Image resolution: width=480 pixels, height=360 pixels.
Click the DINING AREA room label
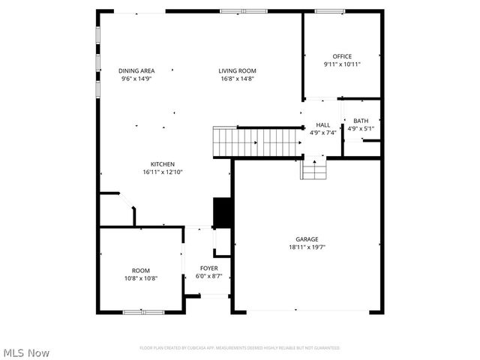pyautogui.click(x=136, y=70)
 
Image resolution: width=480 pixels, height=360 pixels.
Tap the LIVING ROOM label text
pyautogui.click(x=237, y=70)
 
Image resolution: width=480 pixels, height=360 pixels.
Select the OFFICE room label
pyautogui.click(x=342, y=56)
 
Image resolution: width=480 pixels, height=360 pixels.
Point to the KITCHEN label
pyautogui.click(x=163, y=164)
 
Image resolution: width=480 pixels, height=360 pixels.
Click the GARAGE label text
pyautogui.click(x=307, y=239)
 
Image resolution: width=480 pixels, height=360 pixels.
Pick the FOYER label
pyautogui.click(x=208, y=268)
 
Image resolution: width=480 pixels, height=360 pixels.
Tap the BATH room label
pyautogui.click(x=361, y=121)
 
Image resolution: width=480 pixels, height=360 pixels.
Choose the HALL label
pyautogui.click(x=322, y=125)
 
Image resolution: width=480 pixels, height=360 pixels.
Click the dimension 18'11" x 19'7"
pyautogui.click(x=307, y=247)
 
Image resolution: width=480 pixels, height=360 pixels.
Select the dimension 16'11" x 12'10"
pyautogui.click(x=163, y=172)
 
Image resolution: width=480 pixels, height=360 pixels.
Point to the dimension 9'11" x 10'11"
pyautogui.click(x=342, y=64)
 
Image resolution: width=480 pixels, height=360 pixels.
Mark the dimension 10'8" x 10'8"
pyautogui.click(x=141, y=278)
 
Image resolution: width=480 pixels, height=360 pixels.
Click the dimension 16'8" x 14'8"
pyautogui.click(x=237, y=78)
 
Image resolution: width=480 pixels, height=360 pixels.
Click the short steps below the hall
pyautogui.click(x=314, y=170)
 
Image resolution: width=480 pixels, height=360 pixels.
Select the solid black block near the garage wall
pyautogui.click(x=222, y=212)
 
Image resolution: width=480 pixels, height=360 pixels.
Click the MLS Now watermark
pyautogui.click(x=26, y=352)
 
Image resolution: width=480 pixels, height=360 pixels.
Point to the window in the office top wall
pyautogui.click(x=330, y=11)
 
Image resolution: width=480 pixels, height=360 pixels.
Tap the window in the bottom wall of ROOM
pyautogui.click(x=143, y=312)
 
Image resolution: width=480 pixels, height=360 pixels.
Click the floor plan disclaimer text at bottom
pyautogui.click(x=240, y=348)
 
